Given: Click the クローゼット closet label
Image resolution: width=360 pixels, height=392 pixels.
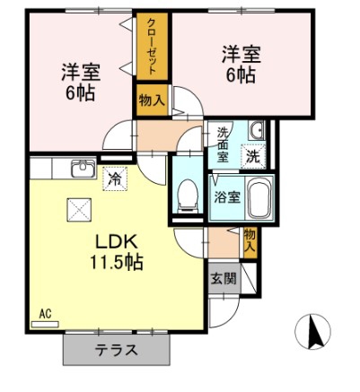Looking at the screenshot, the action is [153, 47].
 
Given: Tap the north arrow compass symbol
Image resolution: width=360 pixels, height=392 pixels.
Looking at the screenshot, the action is [312, 332].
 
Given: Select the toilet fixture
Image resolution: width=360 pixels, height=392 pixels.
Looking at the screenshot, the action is [188, 196].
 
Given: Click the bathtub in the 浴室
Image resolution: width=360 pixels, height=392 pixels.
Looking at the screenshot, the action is [259, 198].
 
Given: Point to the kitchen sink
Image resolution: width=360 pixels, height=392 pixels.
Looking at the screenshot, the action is [83, 169].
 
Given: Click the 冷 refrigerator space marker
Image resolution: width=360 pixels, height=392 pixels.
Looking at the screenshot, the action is [115, 179].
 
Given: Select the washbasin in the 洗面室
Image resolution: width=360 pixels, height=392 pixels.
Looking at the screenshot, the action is [256, 131].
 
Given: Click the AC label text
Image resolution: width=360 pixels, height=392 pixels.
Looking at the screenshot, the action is [45, 314].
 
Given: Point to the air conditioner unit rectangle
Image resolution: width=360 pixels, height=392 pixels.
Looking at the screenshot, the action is [45, 325].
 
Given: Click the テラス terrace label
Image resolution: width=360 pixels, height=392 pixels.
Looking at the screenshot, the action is [117, 350].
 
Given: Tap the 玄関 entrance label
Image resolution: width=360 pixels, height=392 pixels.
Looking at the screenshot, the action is [224, 278].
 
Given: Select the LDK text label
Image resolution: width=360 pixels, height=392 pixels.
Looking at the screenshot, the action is [117, 241].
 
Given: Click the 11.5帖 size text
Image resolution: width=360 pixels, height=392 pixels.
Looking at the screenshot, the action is [117, 262].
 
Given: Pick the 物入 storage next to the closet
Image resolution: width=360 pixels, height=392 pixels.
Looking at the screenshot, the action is [152, 100].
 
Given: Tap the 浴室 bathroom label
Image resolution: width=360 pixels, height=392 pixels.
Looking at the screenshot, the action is [227, 197].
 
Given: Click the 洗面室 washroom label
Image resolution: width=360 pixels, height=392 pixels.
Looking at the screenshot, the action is [223, 144].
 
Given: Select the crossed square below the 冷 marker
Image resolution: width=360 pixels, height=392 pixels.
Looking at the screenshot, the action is [79, 210].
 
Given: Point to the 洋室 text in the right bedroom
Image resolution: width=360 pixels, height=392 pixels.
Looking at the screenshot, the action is [241, 54].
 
